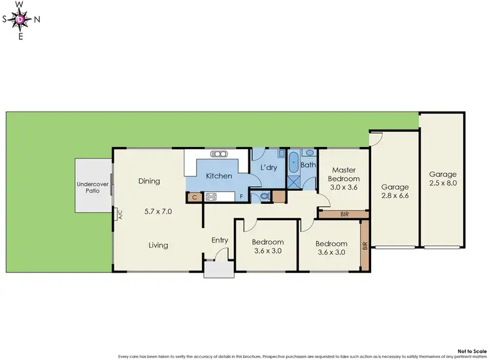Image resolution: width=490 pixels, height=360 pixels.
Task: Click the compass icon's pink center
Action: [20, 19]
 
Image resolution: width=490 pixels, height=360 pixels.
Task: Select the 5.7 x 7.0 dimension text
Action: [158, 212]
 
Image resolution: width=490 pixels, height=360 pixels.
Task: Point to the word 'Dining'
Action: [149, 181]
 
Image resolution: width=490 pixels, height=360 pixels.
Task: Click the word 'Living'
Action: [158, 245]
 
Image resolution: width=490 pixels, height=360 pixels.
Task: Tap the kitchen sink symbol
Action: [219, 154]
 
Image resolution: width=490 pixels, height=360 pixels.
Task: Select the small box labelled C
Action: [194, 196]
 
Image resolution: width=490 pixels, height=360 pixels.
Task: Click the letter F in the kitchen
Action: [240, 196]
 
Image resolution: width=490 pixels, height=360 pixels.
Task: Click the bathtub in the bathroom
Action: [293, 161]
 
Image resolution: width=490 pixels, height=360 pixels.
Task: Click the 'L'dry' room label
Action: [269, 168]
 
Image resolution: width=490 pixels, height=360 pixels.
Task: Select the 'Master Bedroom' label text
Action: [343, 174]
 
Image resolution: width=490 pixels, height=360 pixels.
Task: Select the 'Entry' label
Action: [220, 240]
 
